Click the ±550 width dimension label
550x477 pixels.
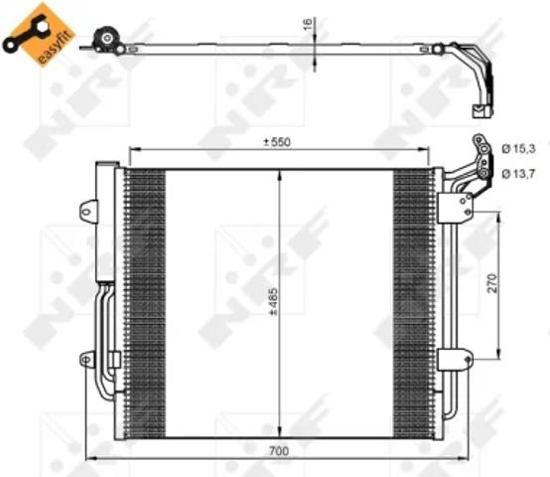277,142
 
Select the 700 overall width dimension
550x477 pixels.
279,451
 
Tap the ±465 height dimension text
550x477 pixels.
273,301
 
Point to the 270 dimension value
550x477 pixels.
492,283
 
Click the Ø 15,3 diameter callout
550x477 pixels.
519,149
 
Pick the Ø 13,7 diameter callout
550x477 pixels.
519,174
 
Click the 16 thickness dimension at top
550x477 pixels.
308,24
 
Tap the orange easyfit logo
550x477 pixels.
39,34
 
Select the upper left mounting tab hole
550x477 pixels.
86,212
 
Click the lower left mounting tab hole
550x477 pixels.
86,360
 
